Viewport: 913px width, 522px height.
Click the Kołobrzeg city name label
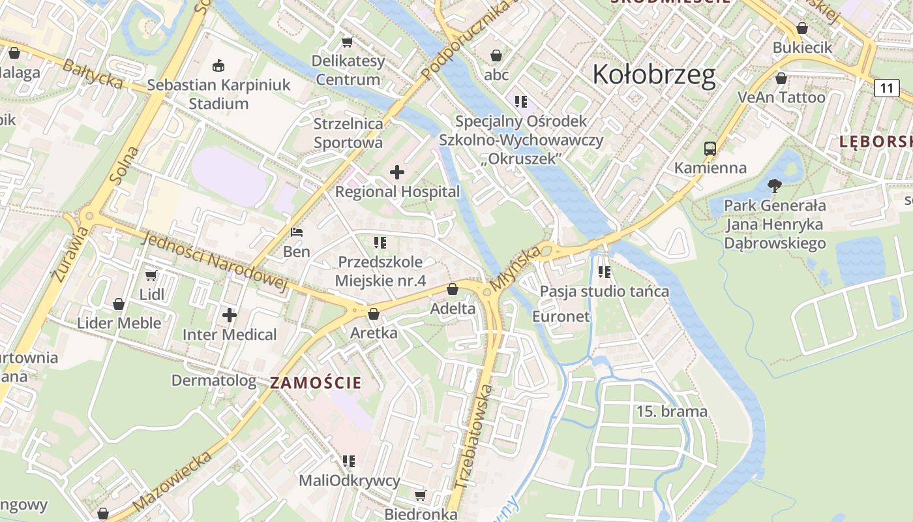653,75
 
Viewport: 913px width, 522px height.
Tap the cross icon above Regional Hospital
397,172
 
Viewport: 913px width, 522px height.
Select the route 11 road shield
886,87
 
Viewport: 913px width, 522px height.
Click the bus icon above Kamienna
710,149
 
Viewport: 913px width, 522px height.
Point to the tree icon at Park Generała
775,186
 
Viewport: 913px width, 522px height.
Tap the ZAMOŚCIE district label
316,383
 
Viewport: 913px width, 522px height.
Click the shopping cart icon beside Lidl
151,275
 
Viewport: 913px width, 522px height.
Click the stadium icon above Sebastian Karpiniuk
218,65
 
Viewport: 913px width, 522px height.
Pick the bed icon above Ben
296,232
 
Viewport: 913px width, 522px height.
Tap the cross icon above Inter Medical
230,315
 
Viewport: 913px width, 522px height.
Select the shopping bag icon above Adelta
453,289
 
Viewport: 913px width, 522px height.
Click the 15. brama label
672,412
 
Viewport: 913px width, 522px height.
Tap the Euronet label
561,316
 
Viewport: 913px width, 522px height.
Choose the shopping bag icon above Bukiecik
802,29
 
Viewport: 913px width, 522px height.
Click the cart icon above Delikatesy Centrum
347,42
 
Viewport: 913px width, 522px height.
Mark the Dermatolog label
214,380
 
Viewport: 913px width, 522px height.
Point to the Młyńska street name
516,268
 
